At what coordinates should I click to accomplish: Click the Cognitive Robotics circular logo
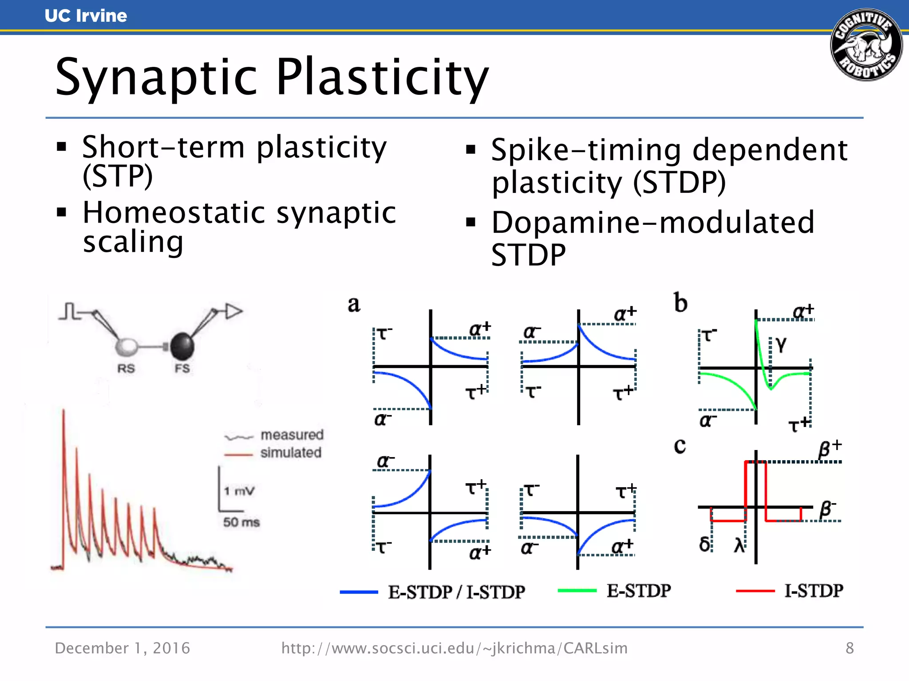point(866,45)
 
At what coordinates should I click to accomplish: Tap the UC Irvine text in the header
point(86,16)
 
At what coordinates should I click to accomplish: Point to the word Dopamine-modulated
point(652,223)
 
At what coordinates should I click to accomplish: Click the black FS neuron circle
point(182,346)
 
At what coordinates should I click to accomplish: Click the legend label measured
point(292,435)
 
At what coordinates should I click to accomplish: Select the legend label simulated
point(291,453)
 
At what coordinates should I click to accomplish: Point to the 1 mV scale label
point(239,491)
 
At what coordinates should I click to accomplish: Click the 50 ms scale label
point(241,522)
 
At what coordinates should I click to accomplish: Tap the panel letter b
point(680,303)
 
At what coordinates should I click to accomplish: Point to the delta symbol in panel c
point(704,544)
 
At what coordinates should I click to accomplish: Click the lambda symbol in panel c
point(739,545)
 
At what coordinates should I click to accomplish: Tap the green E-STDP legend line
point(577,591)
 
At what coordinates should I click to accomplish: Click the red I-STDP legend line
point(755,591)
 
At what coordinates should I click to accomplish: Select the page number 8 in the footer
point(850,648)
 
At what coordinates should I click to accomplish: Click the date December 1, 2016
point(123,648)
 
